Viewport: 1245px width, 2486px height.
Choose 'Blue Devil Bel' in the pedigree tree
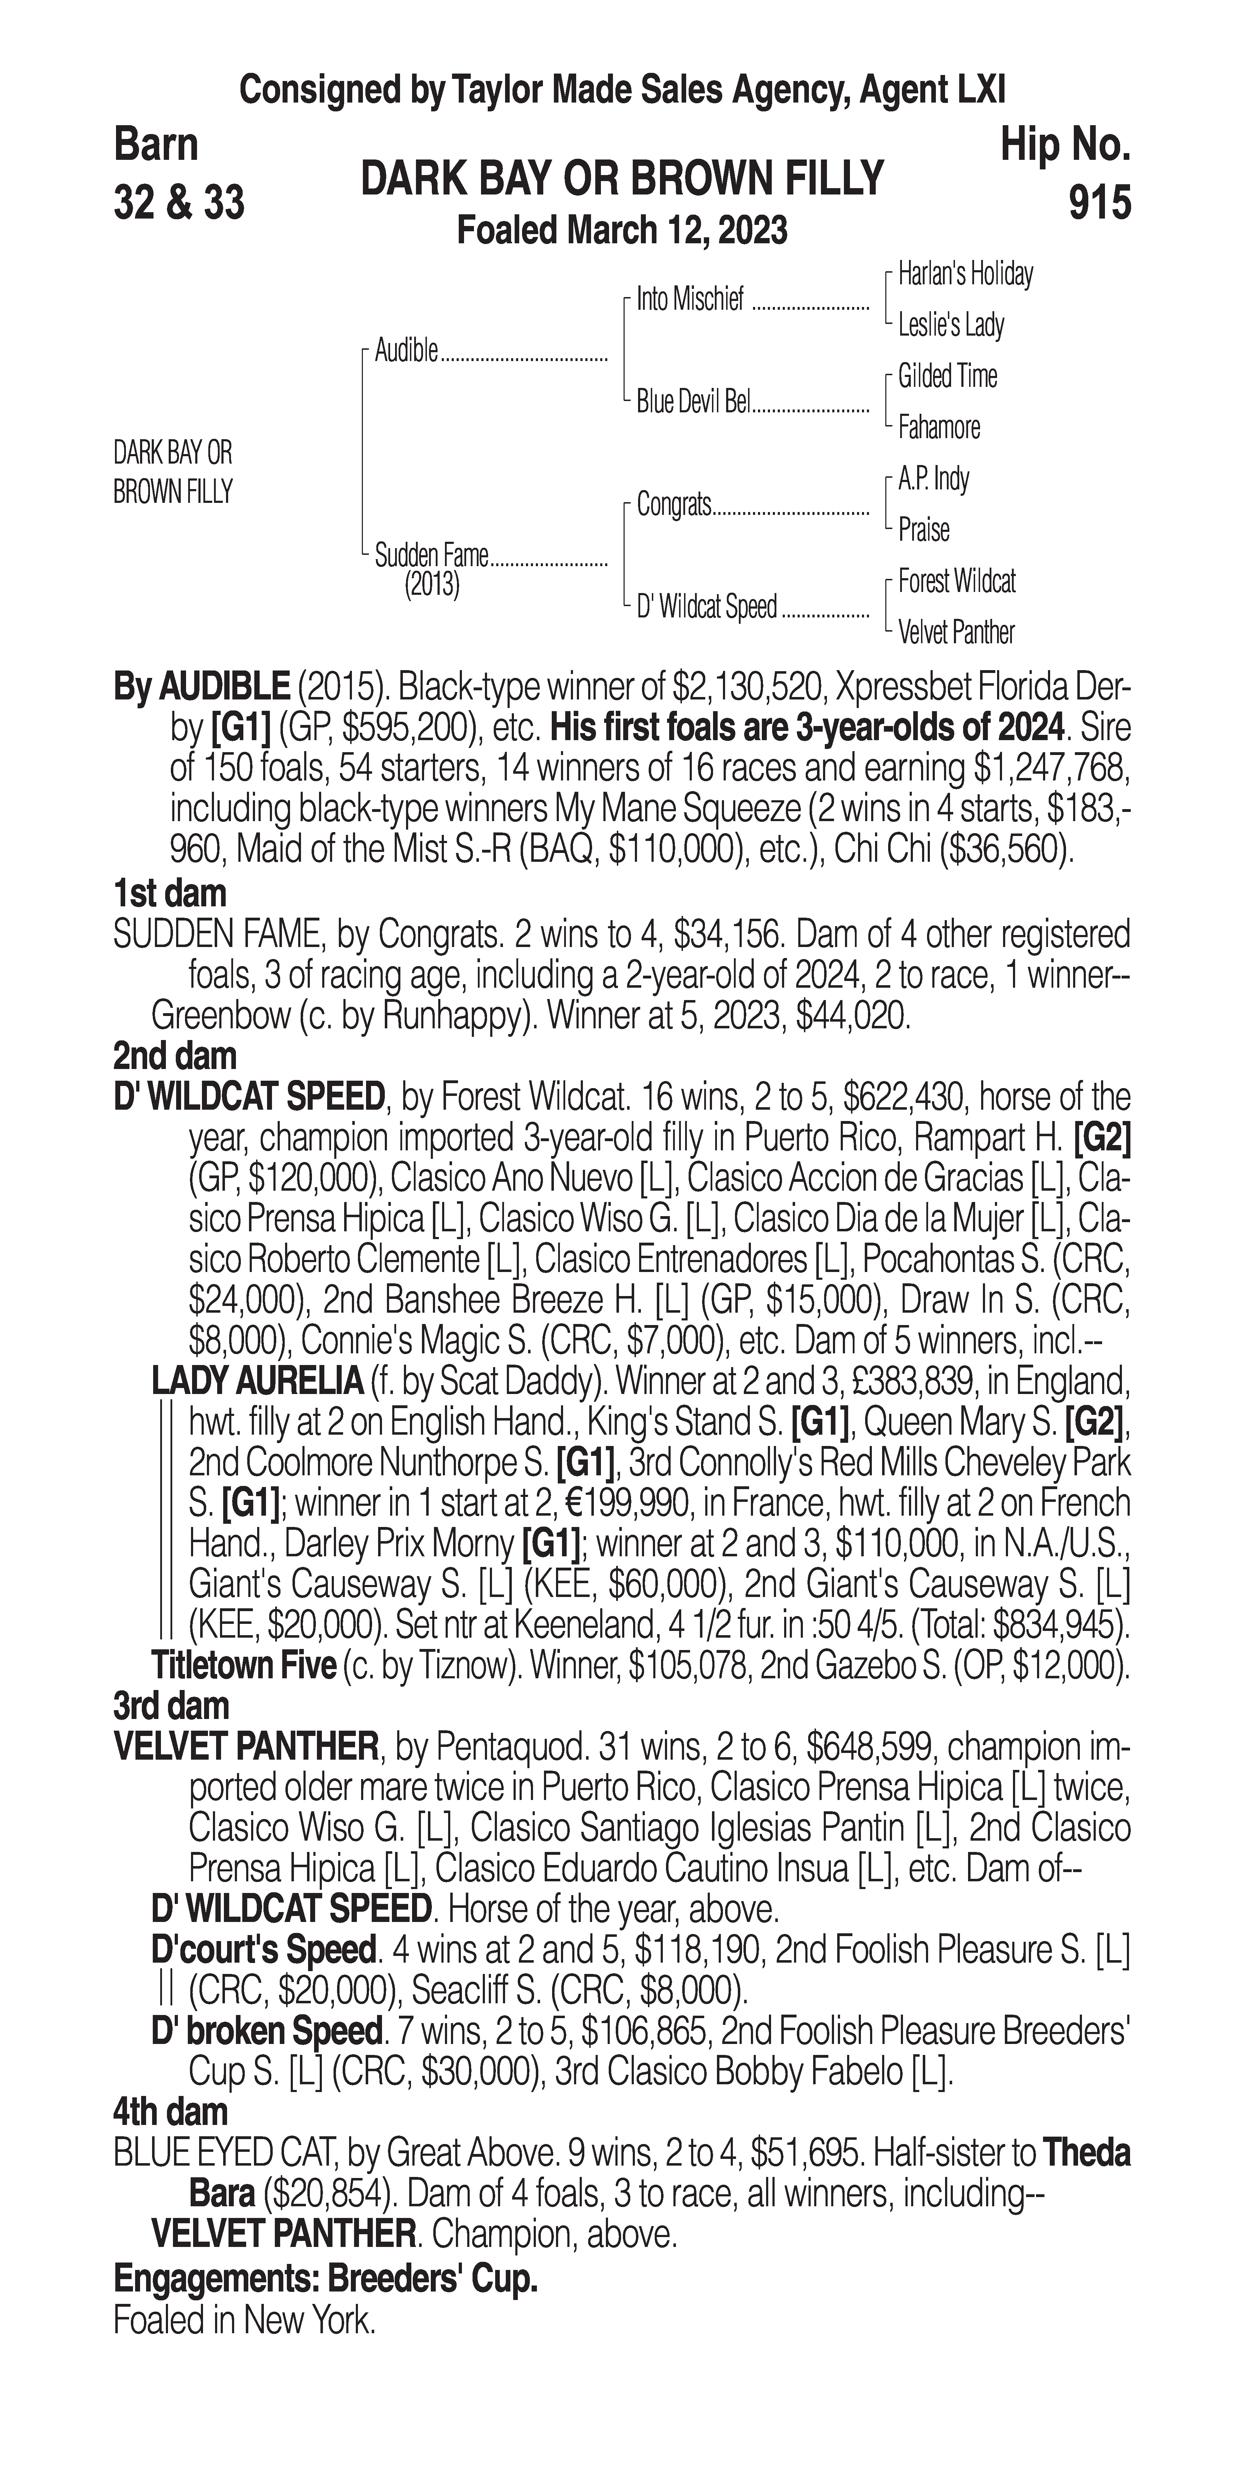coord(693,402)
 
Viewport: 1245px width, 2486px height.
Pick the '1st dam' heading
coord(170,894)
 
